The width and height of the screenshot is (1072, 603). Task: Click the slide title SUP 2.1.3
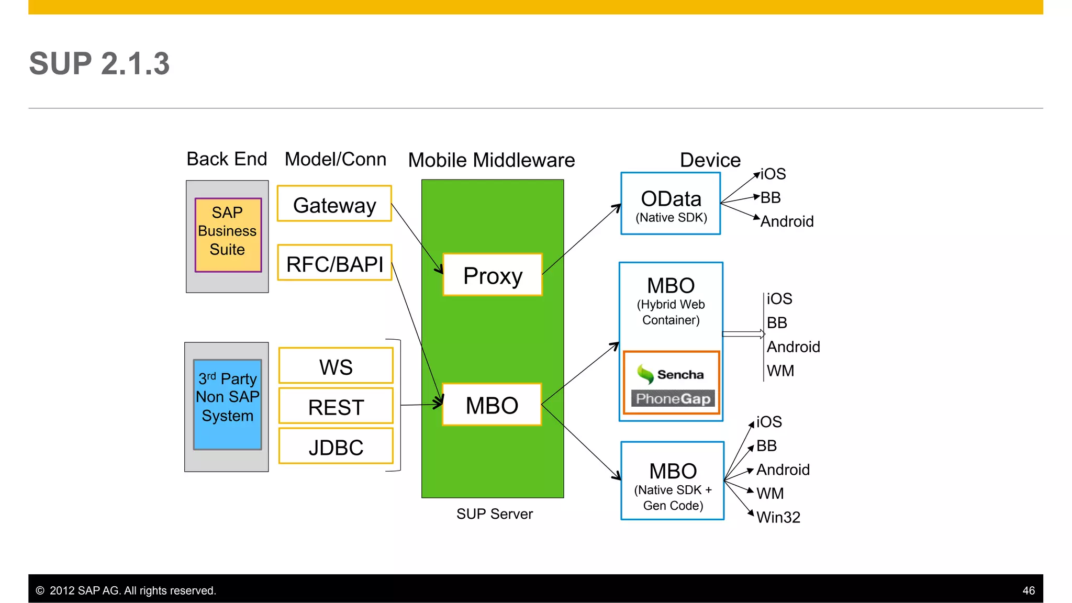[x=99, y=64]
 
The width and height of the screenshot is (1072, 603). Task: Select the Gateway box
[x=334, y=204]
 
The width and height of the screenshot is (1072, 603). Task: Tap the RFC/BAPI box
[x=334, y=263]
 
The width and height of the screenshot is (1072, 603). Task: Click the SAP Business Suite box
[x=228, y=234]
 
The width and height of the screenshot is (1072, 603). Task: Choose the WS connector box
[x=336, y=366]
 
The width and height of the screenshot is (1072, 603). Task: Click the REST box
[x=336, y=406]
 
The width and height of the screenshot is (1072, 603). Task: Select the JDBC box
[x=336, y=446]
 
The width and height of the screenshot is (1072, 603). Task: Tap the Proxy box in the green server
[x=493, y=275]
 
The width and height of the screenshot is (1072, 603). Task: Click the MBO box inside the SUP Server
[x=492, y=405]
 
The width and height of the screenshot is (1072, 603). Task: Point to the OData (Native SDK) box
[x=671, y=204]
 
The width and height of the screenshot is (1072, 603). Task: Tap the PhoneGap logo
[x=673, y=399]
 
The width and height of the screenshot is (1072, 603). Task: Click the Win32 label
[x=778, y=517]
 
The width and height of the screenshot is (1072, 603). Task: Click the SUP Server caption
[x=494, y=514]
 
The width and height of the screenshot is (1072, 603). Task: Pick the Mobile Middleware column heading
[x=491, y=160]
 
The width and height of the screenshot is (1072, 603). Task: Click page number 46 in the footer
[x=1028, y=590]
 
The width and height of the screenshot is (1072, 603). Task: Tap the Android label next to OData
[x=787, y=221]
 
